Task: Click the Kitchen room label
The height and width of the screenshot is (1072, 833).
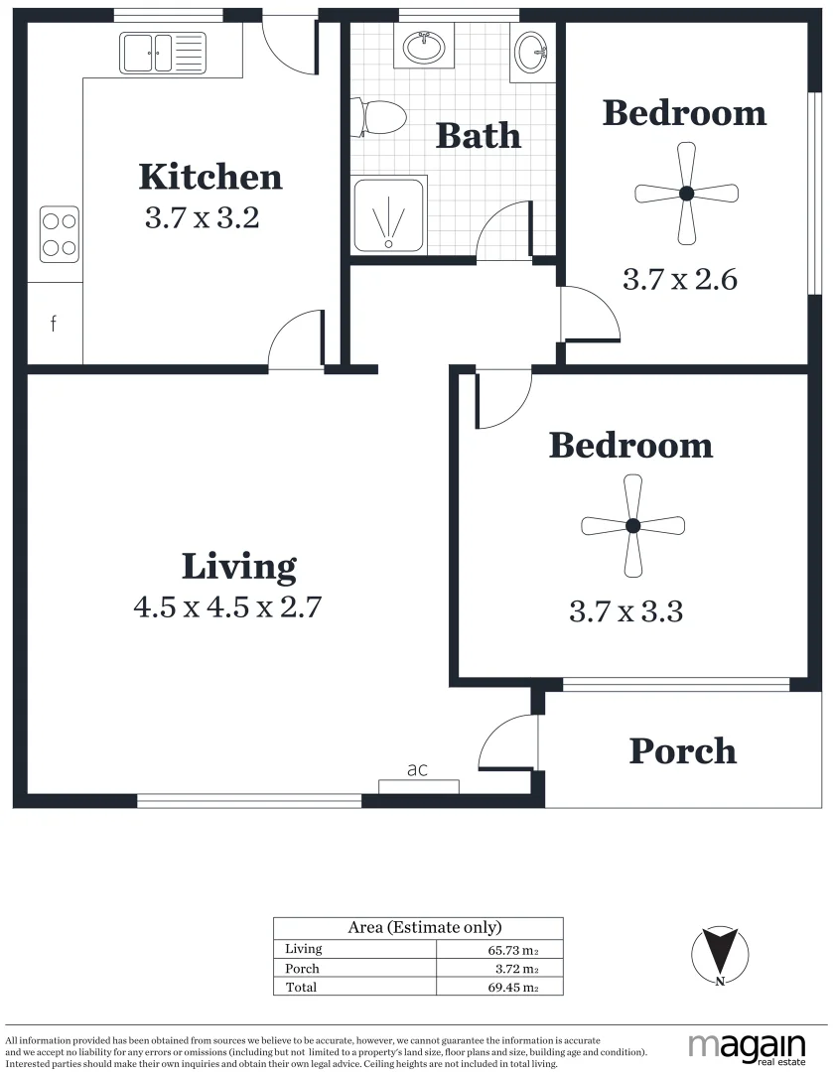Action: click(209, 177)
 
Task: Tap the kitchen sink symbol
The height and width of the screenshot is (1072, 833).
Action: click(162, 53)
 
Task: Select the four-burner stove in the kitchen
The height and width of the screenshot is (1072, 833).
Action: click(59, 234)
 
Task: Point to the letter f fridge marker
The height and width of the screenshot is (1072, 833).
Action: click(54, 323)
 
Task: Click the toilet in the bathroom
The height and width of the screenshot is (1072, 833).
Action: click(381, 117)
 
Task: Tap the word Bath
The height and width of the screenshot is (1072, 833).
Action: click(478, 135)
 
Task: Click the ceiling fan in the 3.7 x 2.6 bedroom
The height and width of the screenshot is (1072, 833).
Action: click(686, 194)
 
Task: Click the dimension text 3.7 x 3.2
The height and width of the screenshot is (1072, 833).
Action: click(202, 218)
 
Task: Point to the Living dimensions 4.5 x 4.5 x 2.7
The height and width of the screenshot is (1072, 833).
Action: click(227, 606)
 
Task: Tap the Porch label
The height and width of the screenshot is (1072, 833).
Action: click(683, 751)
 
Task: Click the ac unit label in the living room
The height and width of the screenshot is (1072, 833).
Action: click(417, 769)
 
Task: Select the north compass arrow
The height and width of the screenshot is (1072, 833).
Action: click(718, 956)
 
